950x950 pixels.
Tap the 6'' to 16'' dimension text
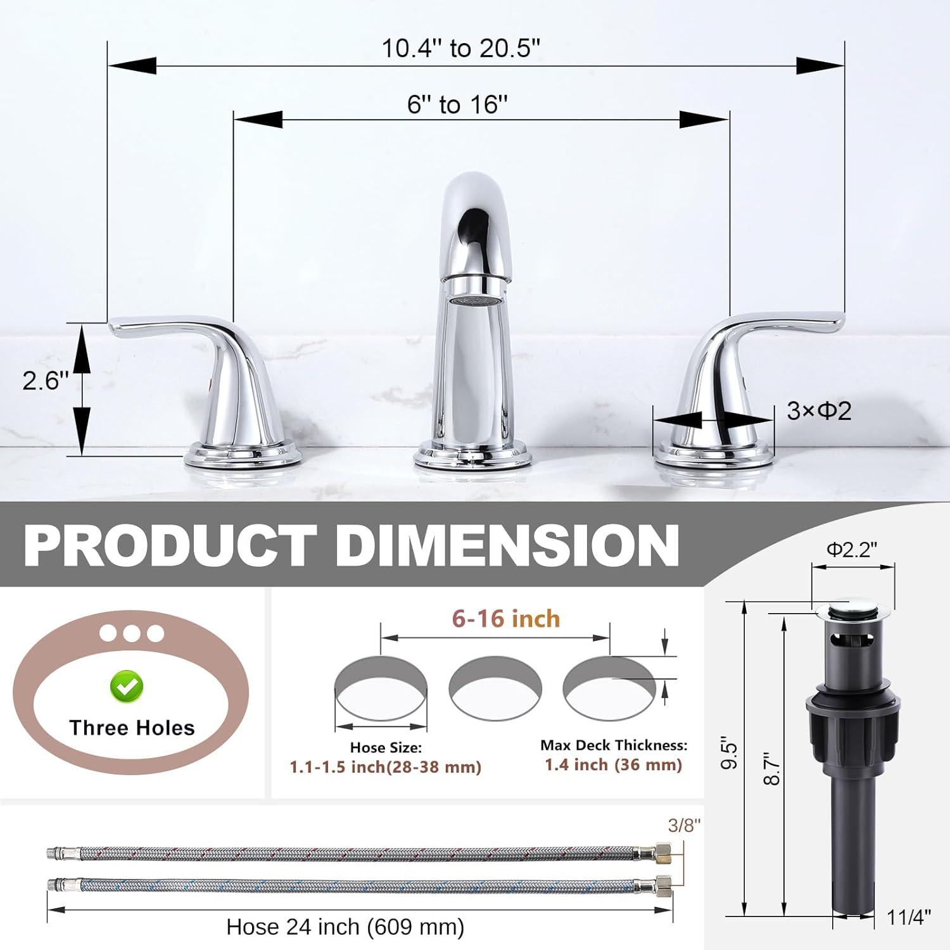tap(457, 104)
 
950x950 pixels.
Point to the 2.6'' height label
tap(45, 381)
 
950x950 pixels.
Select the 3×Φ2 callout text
tap(819, 412)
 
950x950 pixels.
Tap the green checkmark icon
tap(127, 687)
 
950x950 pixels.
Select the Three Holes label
tap(132, 728)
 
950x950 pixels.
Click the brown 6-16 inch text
tap(506, 619)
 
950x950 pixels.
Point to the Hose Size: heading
tap(385, 748)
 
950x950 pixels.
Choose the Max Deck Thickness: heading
tap(613, 745)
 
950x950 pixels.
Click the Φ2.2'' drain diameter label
tap(852, 550)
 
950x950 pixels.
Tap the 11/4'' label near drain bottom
tap(909, 916)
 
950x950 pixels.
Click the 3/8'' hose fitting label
tap(685, 825)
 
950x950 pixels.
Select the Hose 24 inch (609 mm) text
tap(345, 927)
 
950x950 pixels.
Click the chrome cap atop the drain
tap(852, 610)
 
